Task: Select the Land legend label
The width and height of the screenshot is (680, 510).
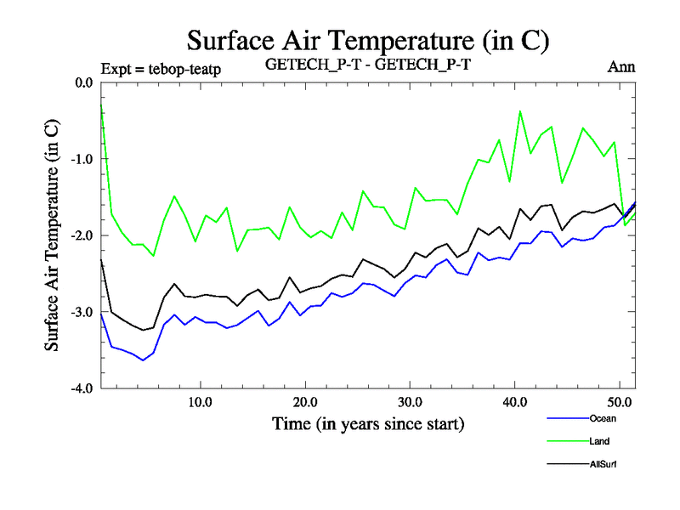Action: click(x=599, y=441)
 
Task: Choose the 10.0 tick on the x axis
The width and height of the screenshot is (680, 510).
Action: click(x=200, y=401)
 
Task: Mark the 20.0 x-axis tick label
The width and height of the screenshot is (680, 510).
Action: click(x=304, y=401)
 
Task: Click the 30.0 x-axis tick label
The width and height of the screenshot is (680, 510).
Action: click(x=410, y=401)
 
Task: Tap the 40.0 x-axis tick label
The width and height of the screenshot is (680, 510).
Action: click(x=514, y=401)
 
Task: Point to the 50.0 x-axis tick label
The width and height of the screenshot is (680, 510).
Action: click(x=619, y=401)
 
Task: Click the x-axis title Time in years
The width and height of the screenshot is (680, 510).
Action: click(x=368, y=422)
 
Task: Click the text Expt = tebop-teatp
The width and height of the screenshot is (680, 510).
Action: click(x=161, y=69)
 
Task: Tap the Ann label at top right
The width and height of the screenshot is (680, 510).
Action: click(x=621, y=66)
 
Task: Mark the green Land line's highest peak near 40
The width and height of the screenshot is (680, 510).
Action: click(x=520, y=111)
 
